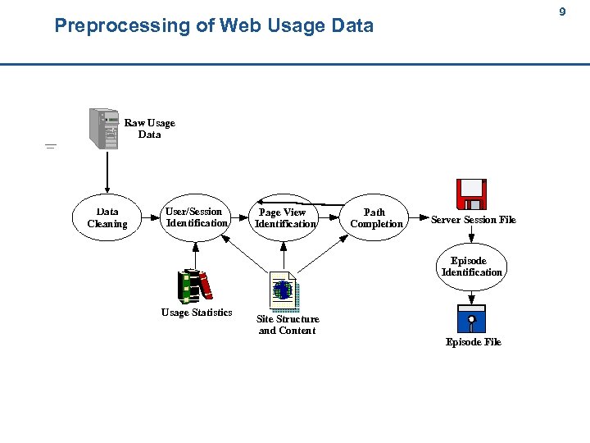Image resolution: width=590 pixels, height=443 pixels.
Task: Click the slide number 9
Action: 562,12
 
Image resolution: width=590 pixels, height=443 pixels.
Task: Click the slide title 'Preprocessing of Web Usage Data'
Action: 213,25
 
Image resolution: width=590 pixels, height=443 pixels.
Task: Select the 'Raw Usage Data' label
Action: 149,129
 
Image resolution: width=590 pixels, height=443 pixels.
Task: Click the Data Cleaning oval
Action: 107,217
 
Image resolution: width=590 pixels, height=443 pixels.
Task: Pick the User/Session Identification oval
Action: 196,217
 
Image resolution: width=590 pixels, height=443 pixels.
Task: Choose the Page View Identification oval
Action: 284,218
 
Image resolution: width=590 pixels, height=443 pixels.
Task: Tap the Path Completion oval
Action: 376,218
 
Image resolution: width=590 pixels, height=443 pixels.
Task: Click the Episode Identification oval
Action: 471,267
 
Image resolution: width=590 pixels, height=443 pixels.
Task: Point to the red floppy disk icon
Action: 471,196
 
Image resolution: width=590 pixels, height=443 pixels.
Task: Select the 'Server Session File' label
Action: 474,220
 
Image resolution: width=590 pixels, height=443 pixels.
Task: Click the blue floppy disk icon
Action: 471,318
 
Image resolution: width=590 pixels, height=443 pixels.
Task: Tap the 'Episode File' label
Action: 473,342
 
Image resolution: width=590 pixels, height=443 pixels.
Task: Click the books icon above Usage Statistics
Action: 195,285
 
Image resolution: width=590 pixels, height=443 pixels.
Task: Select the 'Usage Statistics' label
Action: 197,313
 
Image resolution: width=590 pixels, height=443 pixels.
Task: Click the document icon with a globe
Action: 284,291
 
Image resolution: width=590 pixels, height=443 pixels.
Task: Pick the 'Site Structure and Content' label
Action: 288,325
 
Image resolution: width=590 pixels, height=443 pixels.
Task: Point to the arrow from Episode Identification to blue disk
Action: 472,297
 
